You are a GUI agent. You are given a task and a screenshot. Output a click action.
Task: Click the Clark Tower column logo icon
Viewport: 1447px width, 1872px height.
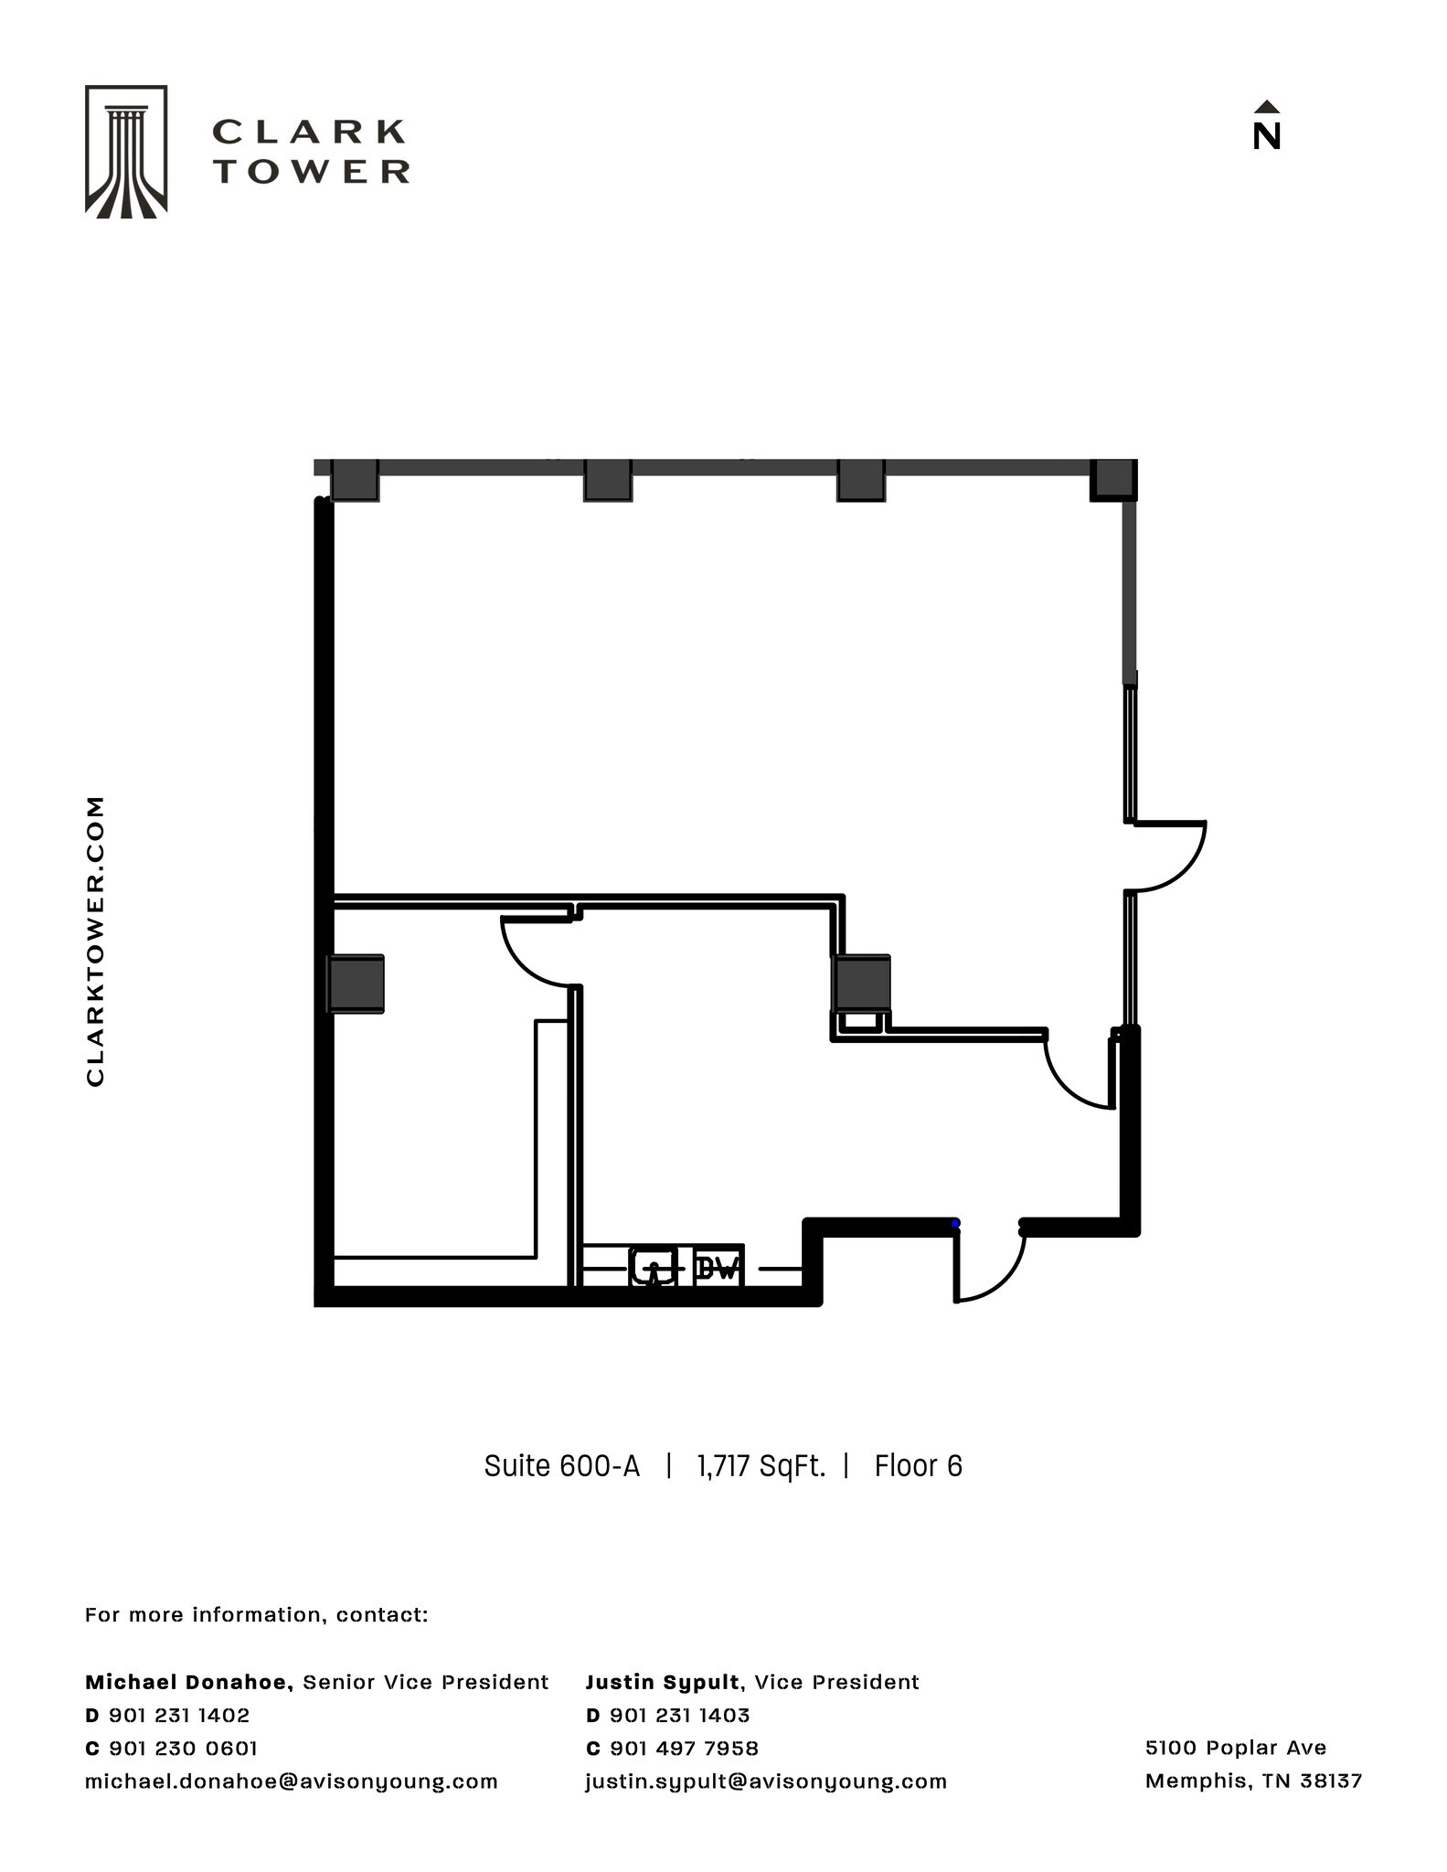(x=126, y=152)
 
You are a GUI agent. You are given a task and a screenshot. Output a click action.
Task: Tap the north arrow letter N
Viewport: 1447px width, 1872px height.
(x=1266, y=135)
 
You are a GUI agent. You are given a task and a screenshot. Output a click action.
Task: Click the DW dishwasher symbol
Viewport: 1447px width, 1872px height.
(x=718, y=1268)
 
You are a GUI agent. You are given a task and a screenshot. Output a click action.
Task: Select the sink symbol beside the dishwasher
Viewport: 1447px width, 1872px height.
(x=653, y=1268)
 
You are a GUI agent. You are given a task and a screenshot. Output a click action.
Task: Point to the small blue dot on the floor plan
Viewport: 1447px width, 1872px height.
(x=955, y=1223)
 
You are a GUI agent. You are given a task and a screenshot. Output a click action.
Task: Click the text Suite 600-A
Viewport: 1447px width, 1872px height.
(x=561, y=1466)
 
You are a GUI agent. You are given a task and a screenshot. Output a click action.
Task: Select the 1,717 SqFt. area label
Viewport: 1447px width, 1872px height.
(x=761, y=1466)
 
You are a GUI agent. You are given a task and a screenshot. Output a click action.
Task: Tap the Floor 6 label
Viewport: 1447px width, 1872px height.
(x=918, y=1466)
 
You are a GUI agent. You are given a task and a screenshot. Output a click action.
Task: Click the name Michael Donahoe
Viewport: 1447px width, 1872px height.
(x=188, y=1682)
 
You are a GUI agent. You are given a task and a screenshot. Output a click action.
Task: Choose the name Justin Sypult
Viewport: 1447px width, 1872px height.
(x=663, y=1682)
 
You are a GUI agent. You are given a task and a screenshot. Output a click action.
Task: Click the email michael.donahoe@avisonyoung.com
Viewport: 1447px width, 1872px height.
(x=291, y=1781)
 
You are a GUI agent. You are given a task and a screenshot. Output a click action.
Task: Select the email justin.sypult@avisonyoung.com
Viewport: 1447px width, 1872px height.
(x=766, y=1781)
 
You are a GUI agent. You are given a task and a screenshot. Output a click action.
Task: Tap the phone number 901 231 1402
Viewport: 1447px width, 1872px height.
(x=179, y=1715)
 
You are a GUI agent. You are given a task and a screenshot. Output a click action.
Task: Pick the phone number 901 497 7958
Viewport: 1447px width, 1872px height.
(x=684, y=1748)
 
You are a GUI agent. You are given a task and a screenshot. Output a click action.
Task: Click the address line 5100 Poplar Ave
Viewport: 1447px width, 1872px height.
(x=1235, y=1748)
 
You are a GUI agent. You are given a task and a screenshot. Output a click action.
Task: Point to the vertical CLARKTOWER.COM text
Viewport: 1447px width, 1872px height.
(x=95, y=941)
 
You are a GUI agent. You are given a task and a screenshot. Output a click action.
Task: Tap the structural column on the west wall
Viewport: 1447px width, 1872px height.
(x=356, y=984)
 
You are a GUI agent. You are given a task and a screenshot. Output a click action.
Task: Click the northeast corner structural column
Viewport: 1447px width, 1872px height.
(x=1113, y=479)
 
